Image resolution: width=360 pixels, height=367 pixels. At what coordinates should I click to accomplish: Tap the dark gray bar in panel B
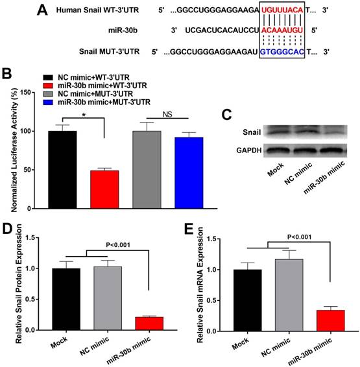[147, 170]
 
